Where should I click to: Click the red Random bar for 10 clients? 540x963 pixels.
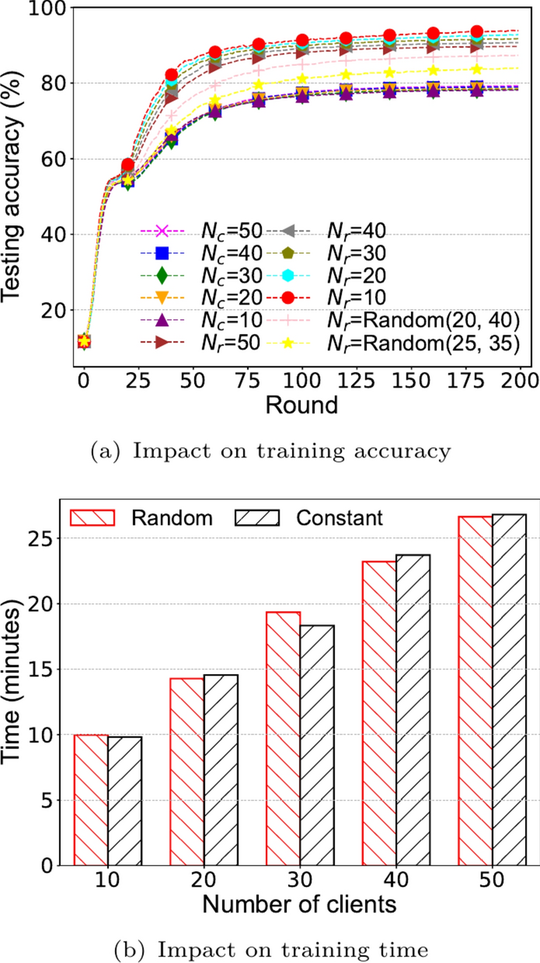tap(91, 799)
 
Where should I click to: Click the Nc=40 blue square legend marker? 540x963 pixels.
tap(161, 252)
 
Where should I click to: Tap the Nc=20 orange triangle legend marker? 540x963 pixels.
tap(161, 297)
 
